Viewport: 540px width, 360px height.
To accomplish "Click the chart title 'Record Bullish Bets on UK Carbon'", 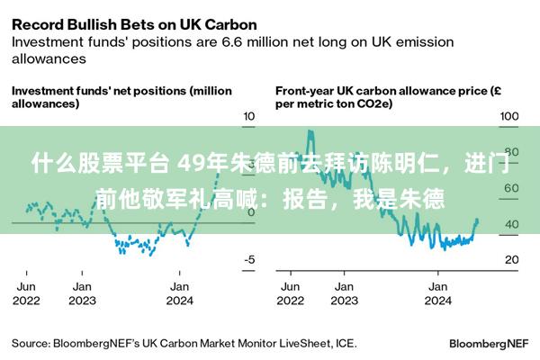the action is tap(134, 25).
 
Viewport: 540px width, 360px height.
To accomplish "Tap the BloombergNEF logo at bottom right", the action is tap(489, 344).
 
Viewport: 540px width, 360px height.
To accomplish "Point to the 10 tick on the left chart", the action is tap(249, 116).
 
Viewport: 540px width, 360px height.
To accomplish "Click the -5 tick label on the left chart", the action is tap(249, 259).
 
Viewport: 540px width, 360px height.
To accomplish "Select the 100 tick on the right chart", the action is tap(509, 116).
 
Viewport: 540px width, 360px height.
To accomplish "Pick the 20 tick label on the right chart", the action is tap(512, 259).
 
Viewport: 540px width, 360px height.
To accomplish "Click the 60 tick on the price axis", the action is tap(511, 188).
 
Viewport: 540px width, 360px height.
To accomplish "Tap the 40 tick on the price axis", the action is tap(512, 224).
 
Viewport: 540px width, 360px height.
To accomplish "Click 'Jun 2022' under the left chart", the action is tap(26, 293).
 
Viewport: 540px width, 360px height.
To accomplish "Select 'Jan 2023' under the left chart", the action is tap(82, 293).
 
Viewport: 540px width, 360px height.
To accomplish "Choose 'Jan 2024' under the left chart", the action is tap(179, 293).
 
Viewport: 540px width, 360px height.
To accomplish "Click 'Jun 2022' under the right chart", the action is tap(291, 293).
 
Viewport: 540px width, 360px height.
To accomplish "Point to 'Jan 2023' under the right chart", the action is tap(344, 293).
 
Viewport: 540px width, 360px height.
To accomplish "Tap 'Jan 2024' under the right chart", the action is tap(437, 293).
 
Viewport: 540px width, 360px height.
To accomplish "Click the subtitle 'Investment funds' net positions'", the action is tap(99, 91).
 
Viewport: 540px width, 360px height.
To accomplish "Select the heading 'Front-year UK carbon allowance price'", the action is tap(382, 91).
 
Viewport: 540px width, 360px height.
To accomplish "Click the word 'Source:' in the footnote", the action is tap(31, 344).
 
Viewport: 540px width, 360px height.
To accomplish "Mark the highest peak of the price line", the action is tap(310, 130).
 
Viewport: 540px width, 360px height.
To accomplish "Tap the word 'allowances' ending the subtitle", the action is tap(49, 58).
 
